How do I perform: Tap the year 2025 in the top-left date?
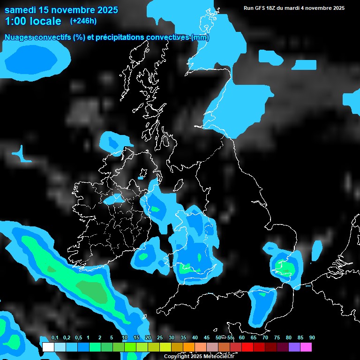point(107,10)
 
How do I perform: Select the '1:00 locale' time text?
point(33,21)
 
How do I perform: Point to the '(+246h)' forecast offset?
point(83,21)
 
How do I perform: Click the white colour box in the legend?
point(48,347)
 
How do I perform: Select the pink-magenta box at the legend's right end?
point(306,347)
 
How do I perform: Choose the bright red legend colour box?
point(247,347)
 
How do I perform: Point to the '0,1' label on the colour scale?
point(54,338)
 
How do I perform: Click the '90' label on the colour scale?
point(312,338)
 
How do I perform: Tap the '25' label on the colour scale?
point(160,338)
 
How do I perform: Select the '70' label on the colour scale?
point(265,338)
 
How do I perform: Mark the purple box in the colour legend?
point(294,347)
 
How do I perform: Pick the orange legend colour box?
point(189,347)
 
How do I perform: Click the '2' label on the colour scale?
point(100,338)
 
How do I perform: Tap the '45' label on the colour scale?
point(207,338)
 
